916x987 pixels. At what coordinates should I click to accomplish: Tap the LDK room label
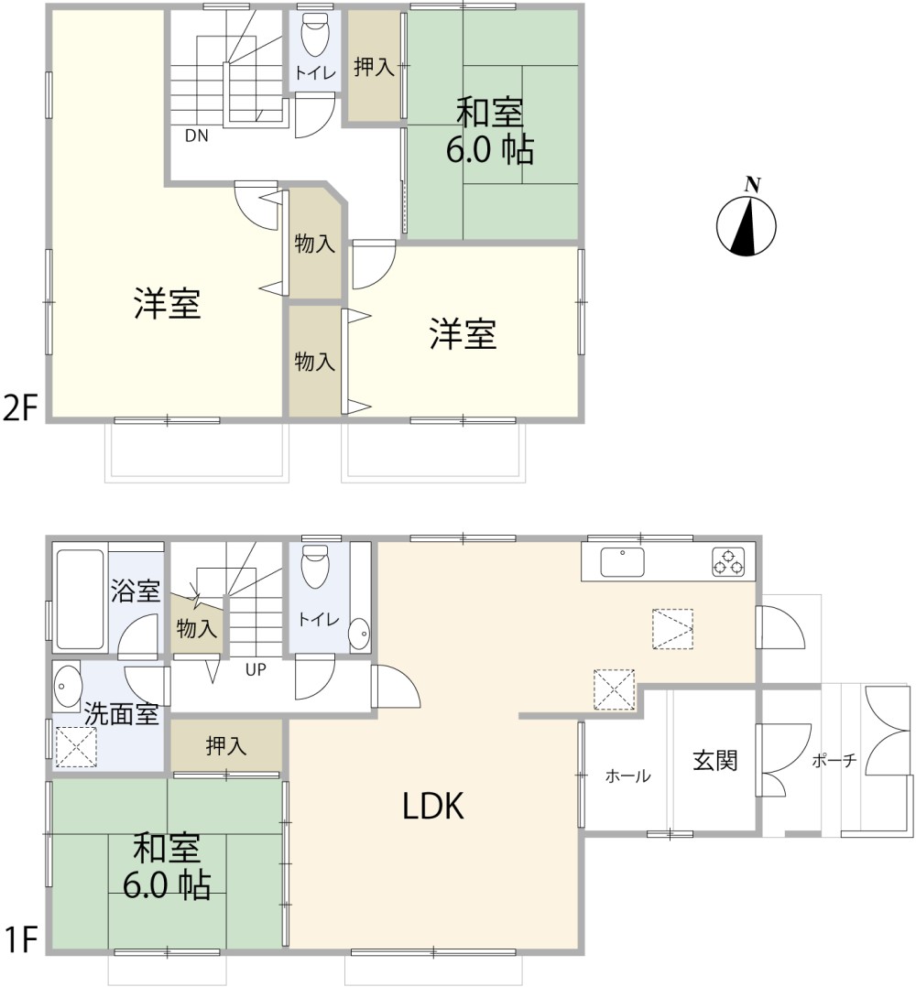tap(435, 807)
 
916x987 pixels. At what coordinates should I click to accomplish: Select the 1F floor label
tap(20, 941)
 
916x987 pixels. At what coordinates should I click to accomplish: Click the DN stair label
tap(196, 136)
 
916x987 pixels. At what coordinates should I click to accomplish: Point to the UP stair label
tap(255, 669)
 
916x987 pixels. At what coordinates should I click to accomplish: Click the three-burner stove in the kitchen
tap(728, 562)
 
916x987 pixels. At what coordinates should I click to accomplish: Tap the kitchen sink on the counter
tap(623, 562)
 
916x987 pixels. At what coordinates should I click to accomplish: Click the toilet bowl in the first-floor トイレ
tap(315, 568)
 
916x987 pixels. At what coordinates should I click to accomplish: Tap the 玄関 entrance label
tap(714, 760)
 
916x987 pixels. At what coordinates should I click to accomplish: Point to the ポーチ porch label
tap(834, 760)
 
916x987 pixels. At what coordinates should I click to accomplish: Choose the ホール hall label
tap(627, 777)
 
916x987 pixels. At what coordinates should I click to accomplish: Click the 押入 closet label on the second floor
tap(374, 68)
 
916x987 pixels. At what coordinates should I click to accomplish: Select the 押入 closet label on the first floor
tap(225, 746)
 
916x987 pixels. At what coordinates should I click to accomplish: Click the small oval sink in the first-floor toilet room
tap(360, 632)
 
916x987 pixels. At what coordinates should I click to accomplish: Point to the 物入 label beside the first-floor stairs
tap(197, 629)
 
